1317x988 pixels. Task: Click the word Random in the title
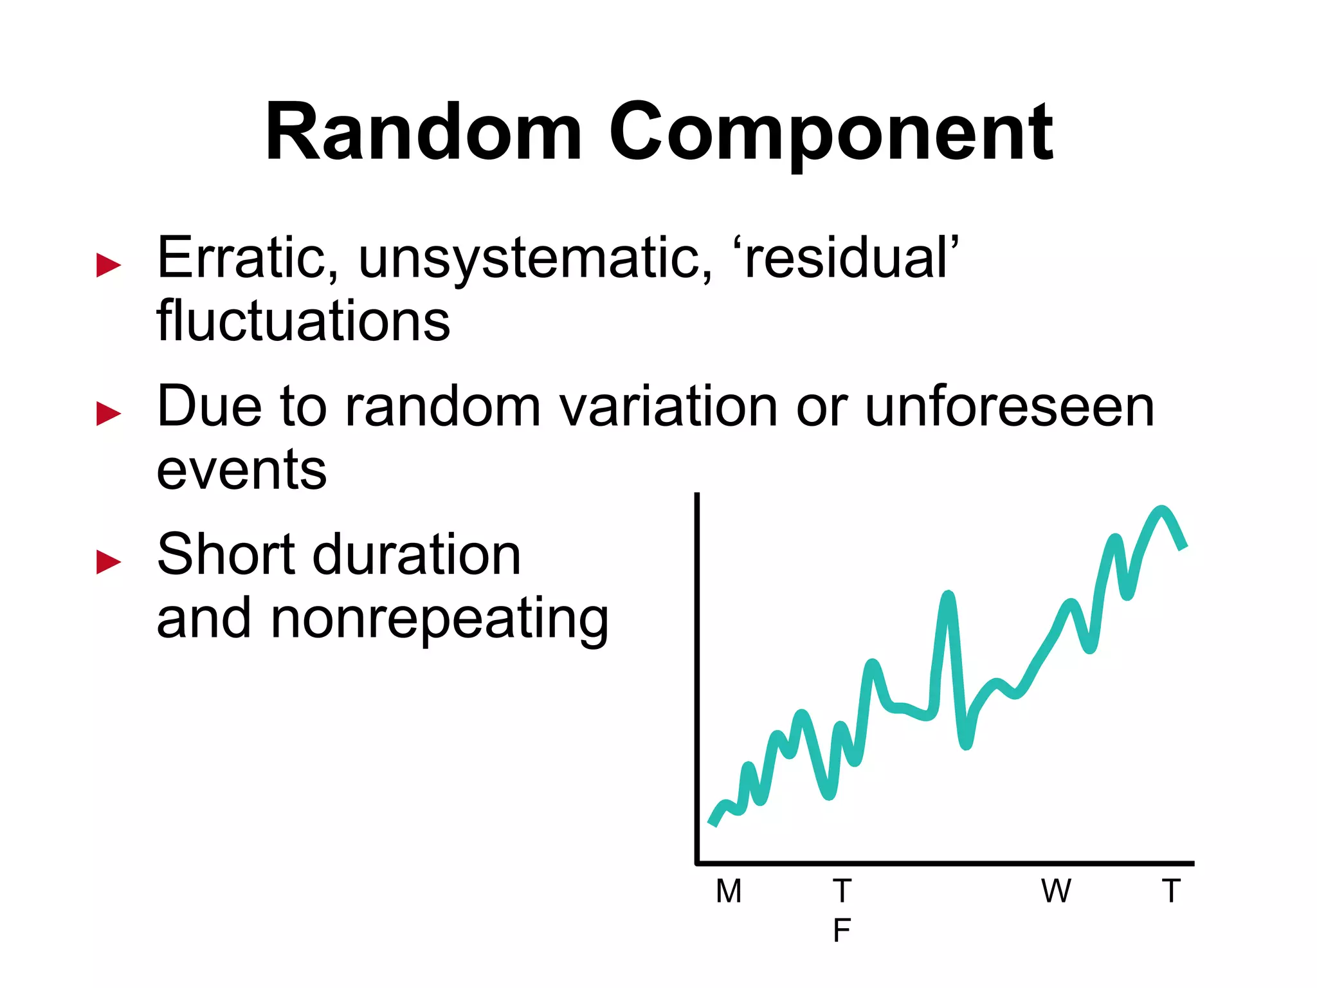pos(424,133)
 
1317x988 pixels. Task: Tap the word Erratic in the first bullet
pos(247,258)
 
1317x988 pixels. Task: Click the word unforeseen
pos(1009,407)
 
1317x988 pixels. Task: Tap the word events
pos(242,470)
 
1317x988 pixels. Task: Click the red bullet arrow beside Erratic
pos(109,265)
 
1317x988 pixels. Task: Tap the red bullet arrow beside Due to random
pos(109,414)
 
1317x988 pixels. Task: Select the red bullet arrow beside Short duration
pos(109,562)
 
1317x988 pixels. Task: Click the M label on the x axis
pos(729,892)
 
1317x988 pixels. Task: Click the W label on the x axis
pos(1057,892)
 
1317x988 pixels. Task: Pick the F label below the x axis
pos(842,931)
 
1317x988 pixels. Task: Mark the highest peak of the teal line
pos(1161,511)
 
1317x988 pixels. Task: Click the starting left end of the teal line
pos(713,823)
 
